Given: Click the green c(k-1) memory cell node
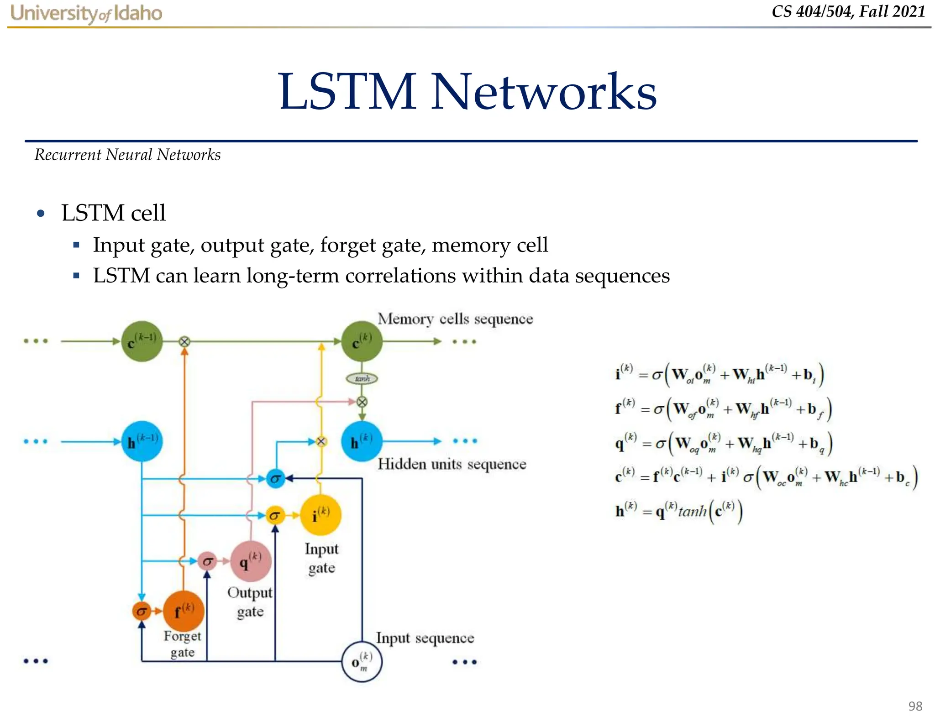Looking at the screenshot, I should click(142, 341).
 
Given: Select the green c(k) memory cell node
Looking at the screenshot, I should click(362, 341).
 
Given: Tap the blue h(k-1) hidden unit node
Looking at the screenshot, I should click(142, 441).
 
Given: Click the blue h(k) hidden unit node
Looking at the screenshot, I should click(362, 441).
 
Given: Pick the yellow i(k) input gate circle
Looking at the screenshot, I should click(320, 515).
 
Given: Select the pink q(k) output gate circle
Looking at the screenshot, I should click(251, 561).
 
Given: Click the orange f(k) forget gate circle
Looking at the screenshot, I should click(183, 611).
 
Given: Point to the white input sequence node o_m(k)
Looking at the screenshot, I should click(362, 661).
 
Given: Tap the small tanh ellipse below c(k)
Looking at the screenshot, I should click(362, 378).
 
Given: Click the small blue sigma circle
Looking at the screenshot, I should click(275, 479).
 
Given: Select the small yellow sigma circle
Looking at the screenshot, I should click(275, 516).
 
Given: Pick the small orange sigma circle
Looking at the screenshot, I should click(141, 611).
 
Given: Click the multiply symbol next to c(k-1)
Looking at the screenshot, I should click(184, 341).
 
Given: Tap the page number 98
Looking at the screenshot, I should click(915, 706).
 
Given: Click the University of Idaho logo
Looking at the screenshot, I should click(86, 13).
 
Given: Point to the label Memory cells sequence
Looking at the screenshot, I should click(455, 319).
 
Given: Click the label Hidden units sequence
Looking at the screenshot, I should click(452, 464).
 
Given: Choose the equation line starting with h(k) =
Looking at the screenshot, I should click(678, 511).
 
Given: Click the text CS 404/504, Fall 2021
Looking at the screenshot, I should click(848, 11).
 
